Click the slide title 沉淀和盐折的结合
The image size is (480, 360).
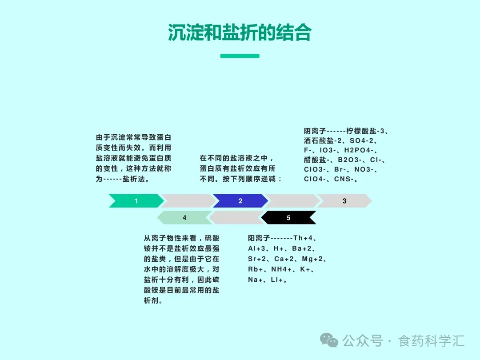(x=240, y=32)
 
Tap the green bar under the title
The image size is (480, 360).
(x=240, y=56)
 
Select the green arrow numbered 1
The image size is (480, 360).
(x=136, y=201)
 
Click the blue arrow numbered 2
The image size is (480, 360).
(x=240, y=201)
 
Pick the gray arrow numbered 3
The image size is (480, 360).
(x=344, y=201)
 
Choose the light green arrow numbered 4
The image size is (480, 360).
(x=184, y=218)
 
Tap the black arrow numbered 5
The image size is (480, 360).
(x=288, y=218)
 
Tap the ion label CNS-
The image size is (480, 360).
(x=344, y=180)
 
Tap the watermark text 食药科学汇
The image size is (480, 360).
(x=432, y=341)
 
